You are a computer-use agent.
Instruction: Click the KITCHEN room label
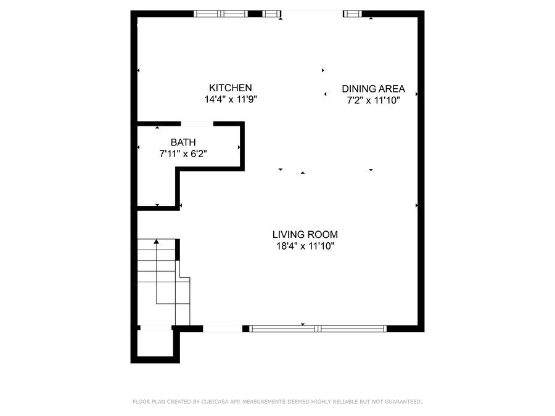(231, 88)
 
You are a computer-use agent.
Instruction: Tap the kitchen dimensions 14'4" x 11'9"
(231, 99)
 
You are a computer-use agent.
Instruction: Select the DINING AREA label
(374, 89)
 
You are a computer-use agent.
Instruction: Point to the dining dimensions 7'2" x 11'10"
(374, 100)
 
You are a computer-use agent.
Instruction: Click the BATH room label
(183, 142)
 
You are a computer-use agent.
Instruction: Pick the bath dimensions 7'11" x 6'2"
(183, 154)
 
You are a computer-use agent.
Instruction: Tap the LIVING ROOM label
(305, 235)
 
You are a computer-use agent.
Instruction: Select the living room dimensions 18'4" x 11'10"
(305, 246)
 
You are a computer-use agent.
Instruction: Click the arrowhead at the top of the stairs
(157, 242)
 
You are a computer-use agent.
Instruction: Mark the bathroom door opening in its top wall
(197, 124)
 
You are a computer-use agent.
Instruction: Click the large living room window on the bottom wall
(318, 328)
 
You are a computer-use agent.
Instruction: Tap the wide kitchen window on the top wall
(221, 14)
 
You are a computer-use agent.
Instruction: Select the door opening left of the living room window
(223, 328)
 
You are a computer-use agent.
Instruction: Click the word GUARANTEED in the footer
(403, 401)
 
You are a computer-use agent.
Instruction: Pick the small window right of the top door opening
(353, 14)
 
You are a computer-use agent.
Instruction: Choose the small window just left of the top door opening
(271, 14)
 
